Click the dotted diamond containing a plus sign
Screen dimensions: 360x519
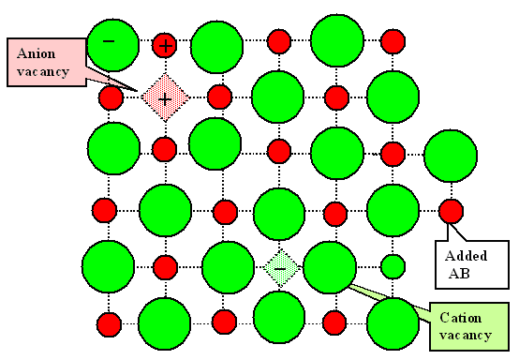(x=165, y=97)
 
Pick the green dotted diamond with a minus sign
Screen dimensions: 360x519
(x=279, y=267)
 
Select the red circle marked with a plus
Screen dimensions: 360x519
(x=165, y=43)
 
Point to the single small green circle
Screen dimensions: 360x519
(x=393, y=266)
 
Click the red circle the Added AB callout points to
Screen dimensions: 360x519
(x=451, y=210)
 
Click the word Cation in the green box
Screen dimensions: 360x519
(x=458, y=317)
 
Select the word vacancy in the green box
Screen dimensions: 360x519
(x=466, y=335)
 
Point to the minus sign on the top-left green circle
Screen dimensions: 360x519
(x=108, y=41)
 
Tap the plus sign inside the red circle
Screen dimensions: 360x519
(x=165, y=43)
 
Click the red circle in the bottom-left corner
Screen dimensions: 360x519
(x=110, y=324)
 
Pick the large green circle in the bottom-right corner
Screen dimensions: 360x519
(x=393, y=323)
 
